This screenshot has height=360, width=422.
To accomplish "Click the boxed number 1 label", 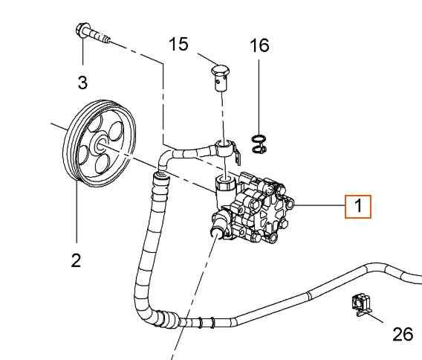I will (x=357, y=205).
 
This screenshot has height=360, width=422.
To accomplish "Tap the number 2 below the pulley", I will (x=75, y=260).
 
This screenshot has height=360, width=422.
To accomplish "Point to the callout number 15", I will (x=178, y=45).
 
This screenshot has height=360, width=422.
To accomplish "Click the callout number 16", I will (x=259, y=45).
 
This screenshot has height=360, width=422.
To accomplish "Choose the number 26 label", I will (x=402, y=335).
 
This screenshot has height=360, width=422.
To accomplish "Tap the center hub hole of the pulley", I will (x=100, y=147).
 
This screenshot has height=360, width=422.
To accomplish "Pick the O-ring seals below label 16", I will (x=259, y=145).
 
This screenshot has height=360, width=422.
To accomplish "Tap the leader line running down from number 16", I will (x=259, y=97).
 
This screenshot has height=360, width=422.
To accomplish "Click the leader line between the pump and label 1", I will (x=319, y=205).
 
